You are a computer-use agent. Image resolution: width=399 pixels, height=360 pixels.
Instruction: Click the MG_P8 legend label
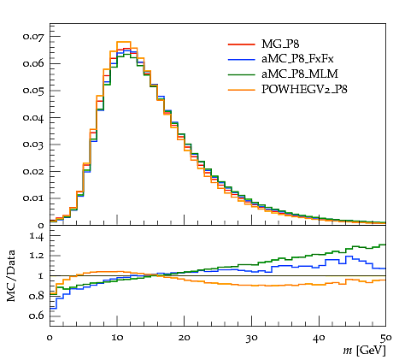[280, 44]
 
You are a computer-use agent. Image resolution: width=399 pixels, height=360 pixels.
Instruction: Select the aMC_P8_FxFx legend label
[297, 59]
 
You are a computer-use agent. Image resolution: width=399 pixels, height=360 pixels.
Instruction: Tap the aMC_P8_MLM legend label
[300, 74]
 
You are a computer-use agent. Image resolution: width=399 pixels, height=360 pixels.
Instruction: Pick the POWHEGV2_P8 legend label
[304, 90]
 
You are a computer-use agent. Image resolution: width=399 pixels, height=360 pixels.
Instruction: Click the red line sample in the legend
[241, 44]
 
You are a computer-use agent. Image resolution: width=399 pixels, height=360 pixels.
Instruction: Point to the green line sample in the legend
[241, 74]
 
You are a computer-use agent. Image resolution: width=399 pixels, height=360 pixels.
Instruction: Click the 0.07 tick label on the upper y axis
[33, 37]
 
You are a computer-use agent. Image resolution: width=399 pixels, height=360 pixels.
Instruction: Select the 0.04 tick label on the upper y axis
[33, 118]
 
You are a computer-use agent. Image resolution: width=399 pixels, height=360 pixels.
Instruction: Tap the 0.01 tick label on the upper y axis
[33, 198]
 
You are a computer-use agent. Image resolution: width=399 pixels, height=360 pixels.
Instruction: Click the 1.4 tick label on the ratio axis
[37, 236]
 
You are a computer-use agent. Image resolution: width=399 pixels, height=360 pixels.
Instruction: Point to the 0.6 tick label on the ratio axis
[37, 316]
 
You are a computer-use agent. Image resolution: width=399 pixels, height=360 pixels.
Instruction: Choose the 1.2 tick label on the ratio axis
[37, 255]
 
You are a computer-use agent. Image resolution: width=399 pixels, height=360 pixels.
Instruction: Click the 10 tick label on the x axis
[117, 338]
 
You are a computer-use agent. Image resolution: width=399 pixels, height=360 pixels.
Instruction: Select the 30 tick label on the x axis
[252, 338]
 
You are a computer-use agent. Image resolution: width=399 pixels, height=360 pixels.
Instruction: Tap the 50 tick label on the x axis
[386, 338]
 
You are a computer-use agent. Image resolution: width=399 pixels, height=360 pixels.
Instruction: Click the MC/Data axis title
[11, 275]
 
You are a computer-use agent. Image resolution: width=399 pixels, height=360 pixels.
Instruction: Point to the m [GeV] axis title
[364, 351]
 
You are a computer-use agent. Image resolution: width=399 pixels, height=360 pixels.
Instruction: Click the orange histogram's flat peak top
[124, 42]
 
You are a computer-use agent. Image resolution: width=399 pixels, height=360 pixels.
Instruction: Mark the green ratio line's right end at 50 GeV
[385, 245]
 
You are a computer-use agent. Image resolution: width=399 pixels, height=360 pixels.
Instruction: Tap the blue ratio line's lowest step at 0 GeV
[53, 309]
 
